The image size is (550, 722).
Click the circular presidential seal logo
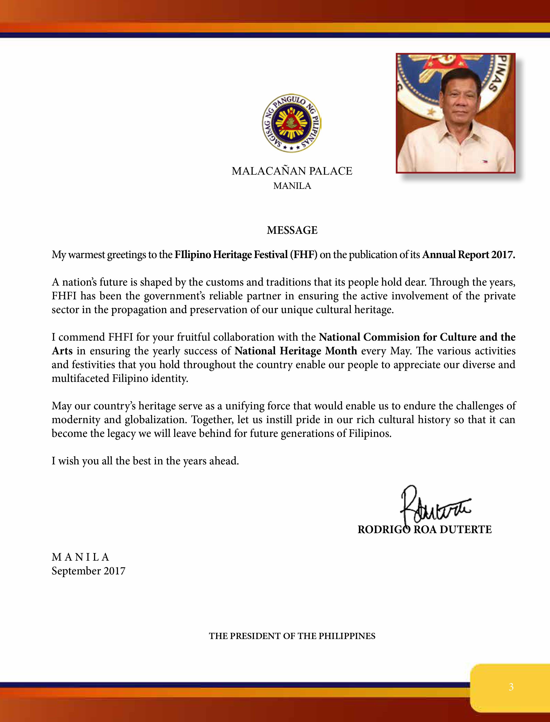291,124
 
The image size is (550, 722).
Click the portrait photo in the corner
455,113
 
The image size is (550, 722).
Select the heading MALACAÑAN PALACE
292,171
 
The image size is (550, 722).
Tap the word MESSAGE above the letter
292,230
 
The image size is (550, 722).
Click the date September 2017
88,571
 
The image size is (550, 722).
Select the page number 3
511,687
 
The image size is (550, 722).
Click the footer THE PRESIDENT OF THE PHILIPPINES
292,636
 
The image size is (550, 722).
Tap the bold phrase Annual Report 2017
468,255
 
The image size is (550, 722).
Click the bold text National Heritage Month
296,351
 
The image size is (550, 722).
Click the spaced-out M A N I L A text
80,557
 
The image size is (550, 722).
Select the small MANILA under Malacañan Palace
292,186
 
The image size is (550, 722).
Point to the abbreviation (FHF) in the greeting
303,255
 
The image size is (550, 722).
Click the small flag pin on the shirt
484,161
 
